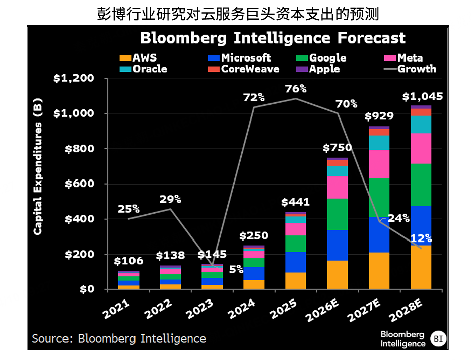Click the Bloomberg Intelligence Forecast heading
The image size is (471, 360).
pos(273,38)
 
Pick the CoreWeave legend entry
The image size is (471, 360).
pos(249,69)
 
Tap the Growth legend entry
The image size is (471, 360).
pos(416,69)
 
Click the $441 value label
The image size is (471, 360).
pos(295,203)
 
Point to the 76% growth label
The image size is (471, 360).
pos(295,89)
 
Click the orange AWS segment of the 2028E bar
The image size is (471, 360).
pos(421,267)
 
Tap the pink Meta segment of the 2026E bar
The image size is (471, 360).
pos(337,187)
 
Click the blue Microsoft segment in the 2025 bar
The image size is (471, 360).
pos(295,262)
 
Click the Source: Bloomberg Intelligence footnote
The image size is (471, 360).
pos(119,338)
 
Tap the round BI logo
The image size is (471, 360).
pos(439,338)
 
